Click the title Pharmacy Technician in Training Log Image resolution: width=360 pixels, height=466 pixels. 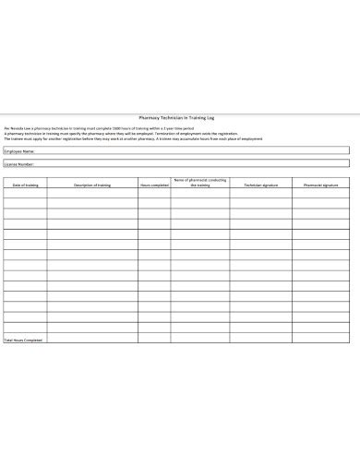(x=180, y=117)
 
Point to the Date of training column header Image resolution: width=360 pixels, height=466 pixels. (x=25, y=185)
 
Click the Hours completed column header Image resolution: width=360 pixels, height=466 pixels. (x=153, y=185)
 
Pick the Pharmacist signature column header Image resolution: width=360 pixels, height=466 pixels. (x=320, y=185)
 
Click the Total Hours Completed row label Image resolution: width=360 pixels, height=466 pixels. (x=24, y=340)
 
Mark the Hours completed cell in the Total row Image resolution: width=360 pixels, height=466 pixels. (x=153, y=340)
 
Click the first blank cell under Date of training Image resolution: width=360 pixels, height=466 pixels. (x=25, y=196)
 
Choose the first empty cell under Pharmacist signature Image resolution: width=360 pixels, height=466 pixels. (x=320, y=196)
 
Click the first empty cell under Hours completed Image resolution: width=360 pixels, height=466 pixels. (x=153, y=196)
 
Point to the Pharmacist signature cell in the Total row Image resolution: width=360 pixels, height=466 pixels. (x=320, y=340)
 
